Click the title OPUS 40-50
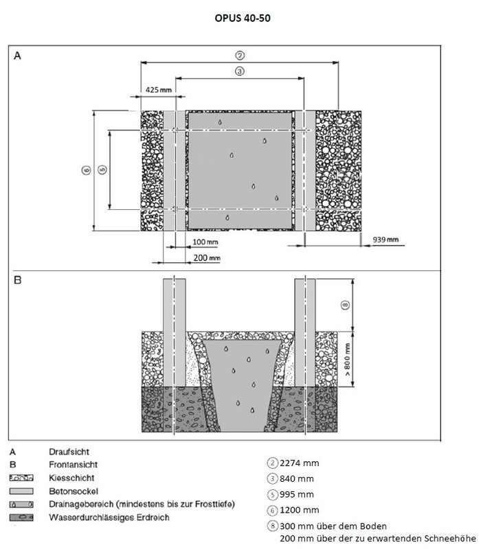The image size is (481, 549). click(x=240, y=19)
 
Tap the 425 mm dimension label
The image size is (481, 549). click(x=158, y=89)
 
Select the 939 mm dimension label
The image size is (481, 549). click(x=385, y=240)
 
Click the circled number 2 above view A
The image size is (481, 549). click(x=240, y=56)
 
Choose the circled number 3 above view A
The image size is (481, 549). click(x=240, y=71)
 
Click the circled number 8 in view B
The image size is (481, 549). click(x=346, y=304)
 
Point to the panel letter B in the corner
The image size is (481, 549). click(x=19, y=280)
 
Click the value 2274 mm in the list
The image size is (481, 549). click(x=297, y=463)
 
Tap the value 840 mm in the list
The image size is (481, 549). click(x=294, y=479)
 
